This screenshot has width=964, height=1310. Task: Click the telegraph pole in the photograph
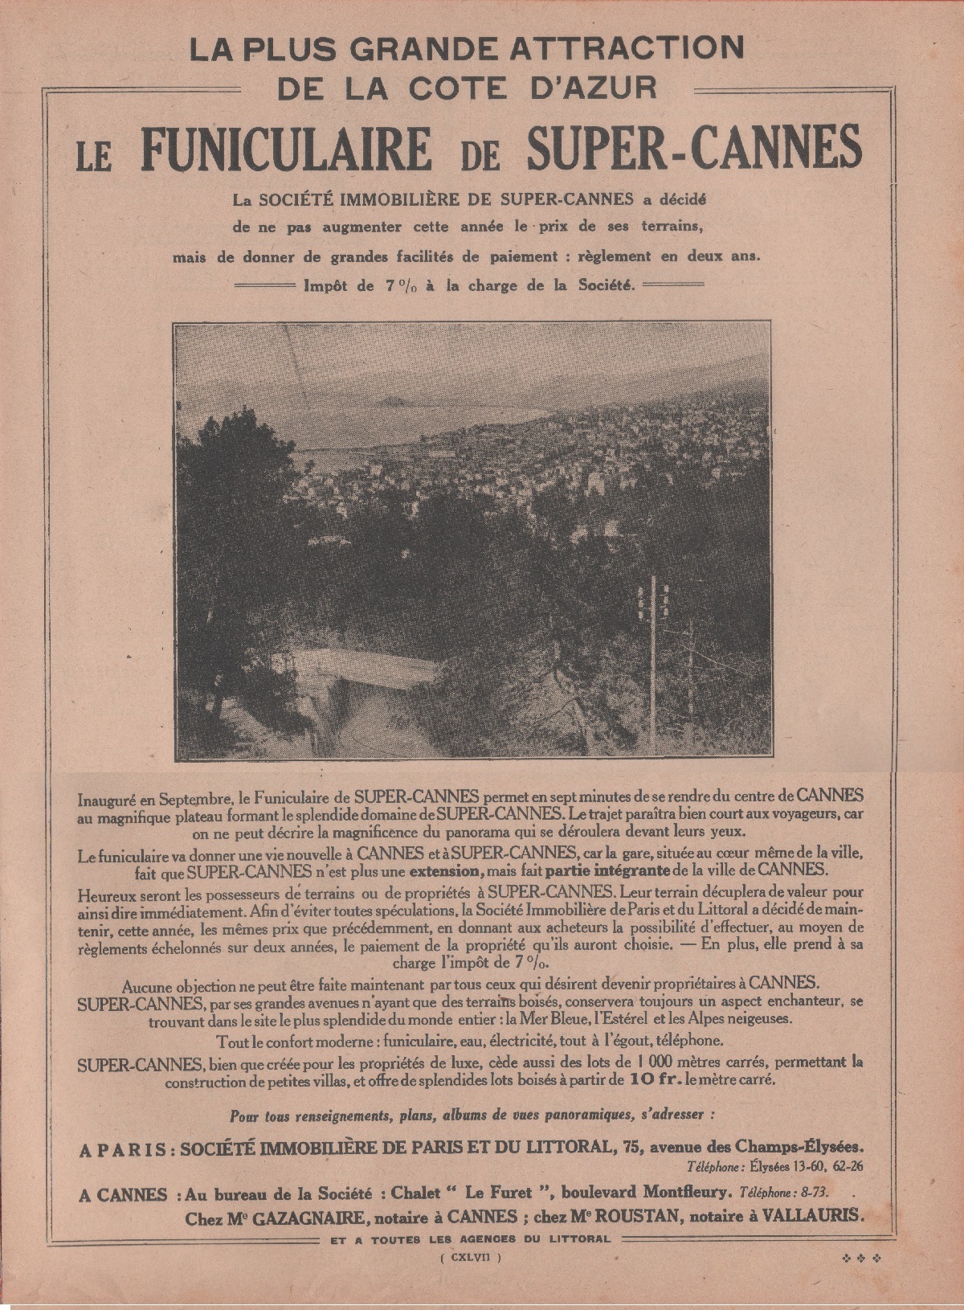(654, 635)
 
